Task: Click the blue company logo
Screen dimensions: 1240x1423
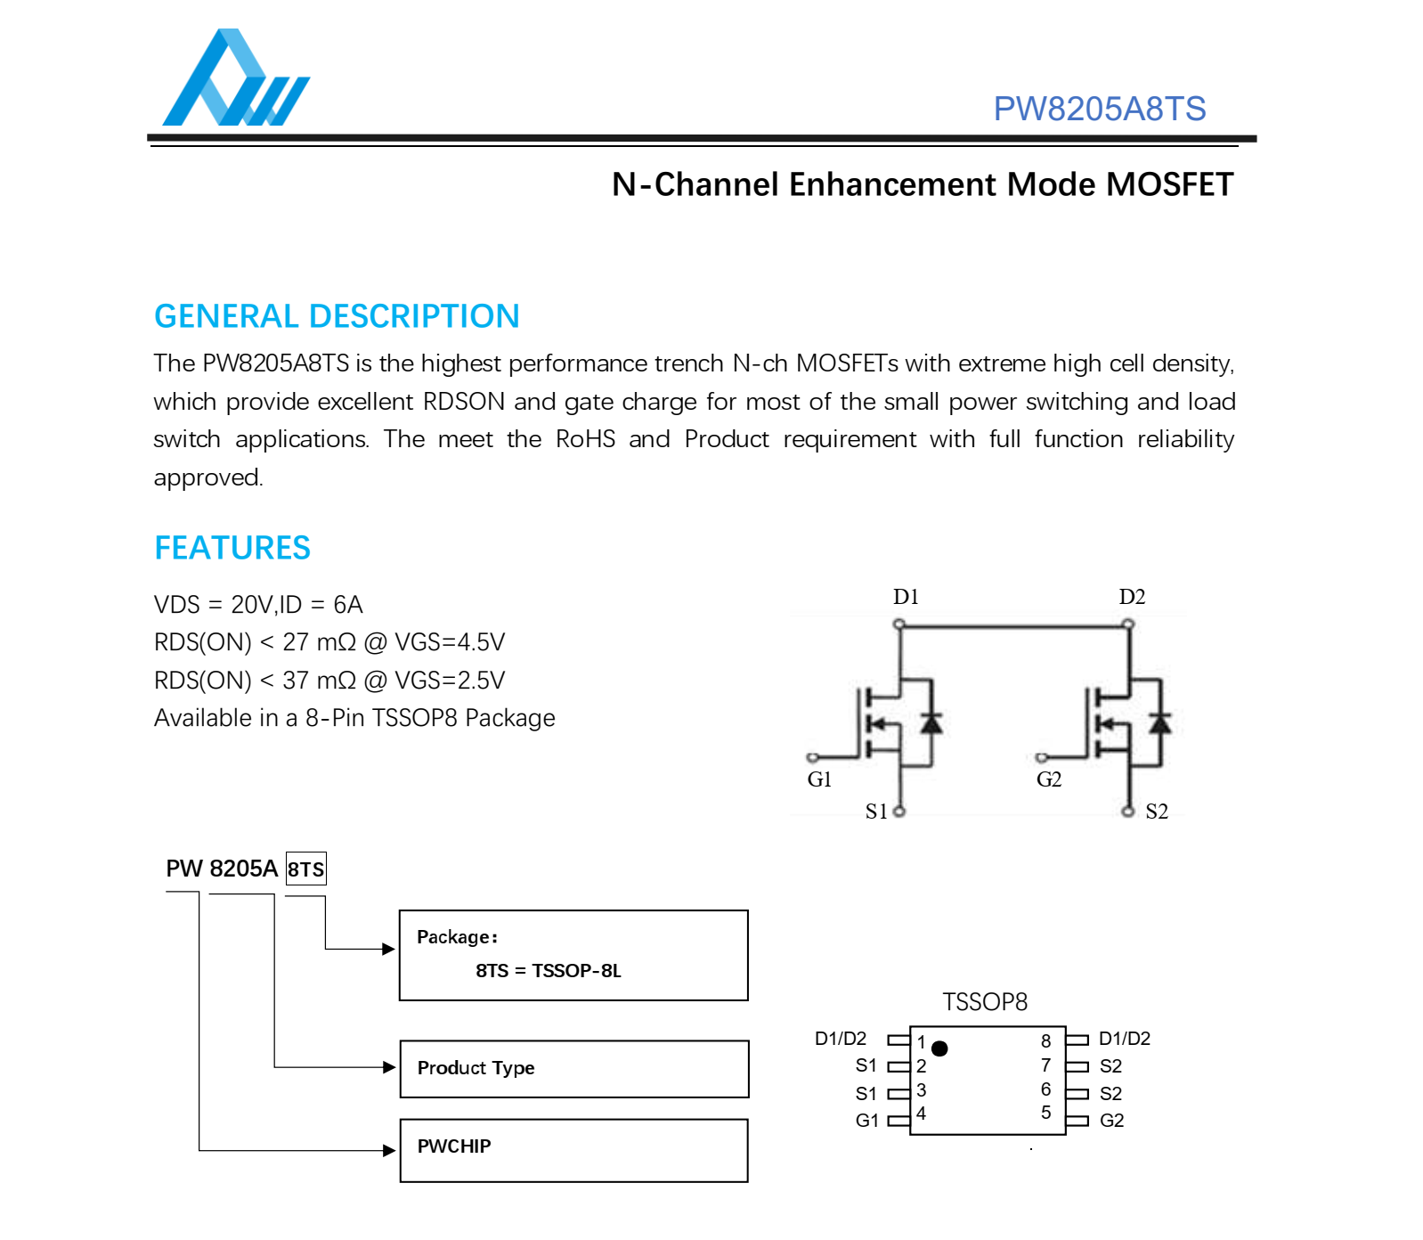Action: [x=235, y=80]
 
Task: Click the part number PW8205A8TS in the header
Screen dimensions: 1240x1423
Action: [x=1099, y=109]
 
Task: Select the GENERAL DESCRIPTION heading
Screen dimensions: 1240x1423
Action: [x=337, y=316]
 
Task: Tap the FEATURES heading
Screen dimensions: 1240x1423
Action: [x=232, y=548]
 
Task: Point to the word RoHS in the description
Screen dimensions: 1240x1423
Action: [x=585, y=439]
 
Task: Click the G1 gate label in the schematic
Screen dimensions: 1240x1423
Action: [x=819, y=779]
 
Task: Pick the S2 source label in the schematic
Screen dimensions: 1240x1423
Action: [x=1157, y=811]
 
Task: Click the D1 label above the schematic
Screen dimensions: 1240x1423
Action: [x=906, y=597]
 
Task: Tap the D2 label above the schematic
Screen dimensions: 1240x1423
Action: [x=1132, y=597]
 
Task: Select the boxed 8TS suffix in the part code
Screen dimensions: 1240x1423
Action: [x=306, y=869]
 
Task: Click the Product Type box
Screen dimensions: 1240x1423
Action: [x=573, y=1068]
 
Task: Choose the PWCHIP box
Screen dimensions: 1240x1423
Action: [x=573, y=1149]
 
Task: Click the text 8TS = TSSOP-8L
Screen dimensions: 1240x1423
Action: [x=548, y=970]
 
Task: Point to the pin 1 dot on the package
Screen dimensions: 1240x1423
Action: [x=939, y=1048]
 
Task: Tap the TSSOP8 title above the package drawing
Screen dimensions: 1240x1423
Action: [x=985, y=1002]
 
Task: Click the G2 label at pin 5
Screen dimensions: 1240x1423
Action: [x=1111, y=1120]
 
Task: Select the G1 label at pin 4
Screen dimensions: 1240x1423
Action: [x=866, y=1120]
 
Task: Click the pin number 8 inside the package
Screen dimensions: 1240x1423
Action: [x=1045, y=1040]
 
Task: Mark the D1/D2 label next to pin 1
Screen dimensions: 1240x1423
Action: [x=840, y=1039]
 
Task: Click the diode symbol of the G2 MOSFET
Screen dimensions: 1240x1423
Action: [x=1159, y=722]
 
